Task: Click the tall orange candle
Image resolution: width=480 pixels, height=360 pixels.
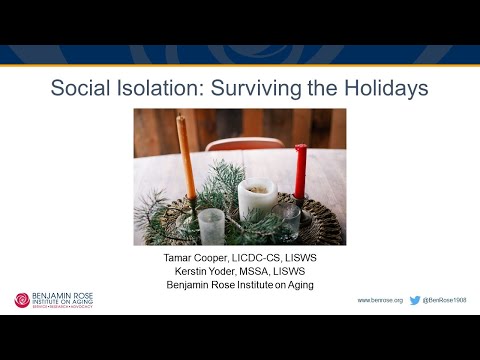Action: point(186,160)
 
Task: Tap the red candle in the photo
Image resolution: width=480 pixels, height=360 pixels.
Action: point(300,171)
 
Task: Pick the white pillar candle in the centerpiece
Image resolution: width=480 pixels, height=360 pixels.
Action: point(258,200)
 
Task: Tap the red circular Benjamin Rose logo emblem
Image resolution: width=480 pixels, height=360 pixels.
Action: point(22,299)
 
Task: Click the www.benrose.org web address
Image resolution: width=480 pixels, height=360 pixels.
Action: point(380,300)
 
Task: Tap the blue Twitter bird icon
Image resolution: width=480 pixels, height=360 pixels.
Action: point(415,300)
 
